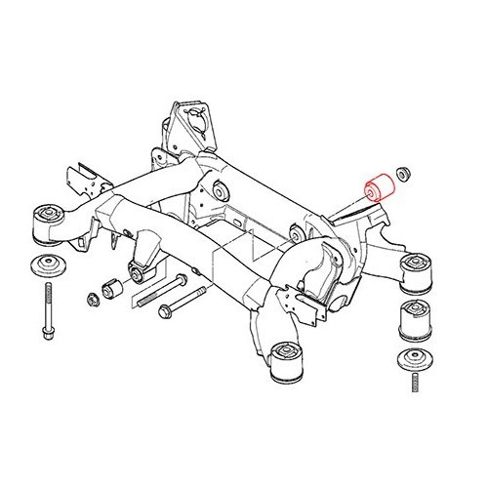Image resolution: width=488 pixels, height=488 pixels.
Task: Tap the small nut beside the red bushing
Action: pos(402,174)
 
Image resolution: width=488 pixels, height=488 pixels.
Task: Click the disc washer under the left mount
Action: pos(46,266)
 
